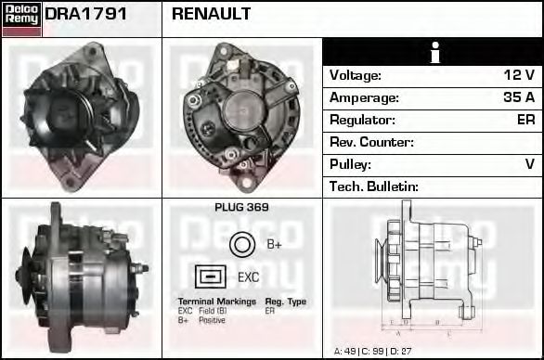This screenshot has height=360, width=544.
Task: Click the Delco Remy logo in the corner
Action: tap(21, 19)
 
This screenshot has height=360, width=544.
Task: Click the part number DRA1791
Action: tap(86, 15)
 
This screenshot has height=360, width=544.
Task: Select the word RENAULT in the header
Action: tap(211, 15)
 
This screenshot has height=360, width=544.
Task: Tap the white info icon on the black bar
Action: tap(433, 53)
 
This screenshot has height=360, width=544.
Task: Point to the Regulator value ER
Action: tap(525, 120)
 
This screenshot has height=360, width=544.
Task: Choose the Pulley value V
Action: tap(530, 164)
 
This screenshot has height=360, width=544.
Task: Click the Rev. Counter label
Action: tap(371, 142)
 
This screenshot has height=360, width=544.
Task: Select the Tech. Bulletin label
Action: tap(374, 186)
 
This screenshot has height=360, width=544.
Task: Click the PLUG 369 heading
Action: tap(241, 208)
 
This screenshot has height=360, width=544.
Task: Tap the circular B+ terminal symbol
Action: tap(241, 244)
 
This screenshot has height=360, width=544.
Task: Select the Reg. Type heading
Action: tap(285, 302)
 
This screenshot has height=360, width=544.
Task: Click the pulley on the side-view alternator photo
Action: tap(36, 266)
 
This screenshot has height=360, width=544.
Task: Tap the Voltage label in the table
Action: tap(355, 75)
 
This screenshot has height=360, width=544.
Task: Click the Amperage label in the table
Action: tap(364, 97)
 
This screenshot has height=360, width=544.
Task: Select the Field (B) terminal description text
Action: tap(214, 312)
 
